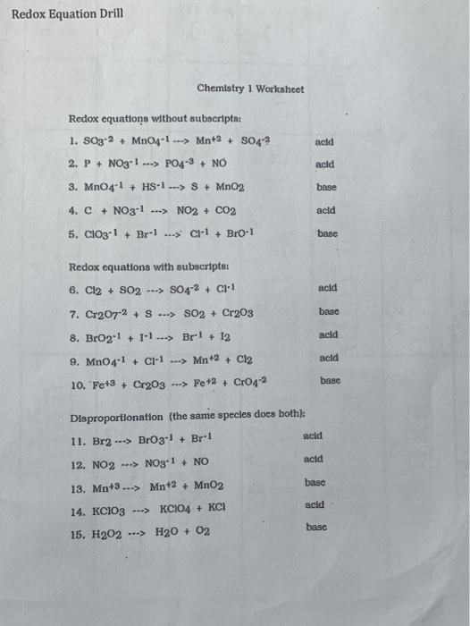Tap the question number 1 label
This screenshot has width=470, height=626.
73,141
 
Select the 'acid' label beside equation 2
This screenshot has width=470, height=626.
325,165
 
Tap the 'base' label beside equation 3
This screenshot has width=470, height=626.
325,188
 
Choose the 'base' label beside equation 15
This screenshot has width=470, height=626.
316,528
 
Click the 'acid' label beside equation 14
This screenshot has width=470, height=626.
314,505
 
